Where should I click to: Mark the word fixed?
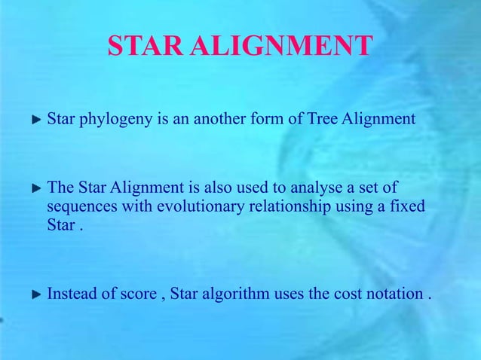(407, 206)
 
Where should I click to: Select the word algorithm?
(237, 294)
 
